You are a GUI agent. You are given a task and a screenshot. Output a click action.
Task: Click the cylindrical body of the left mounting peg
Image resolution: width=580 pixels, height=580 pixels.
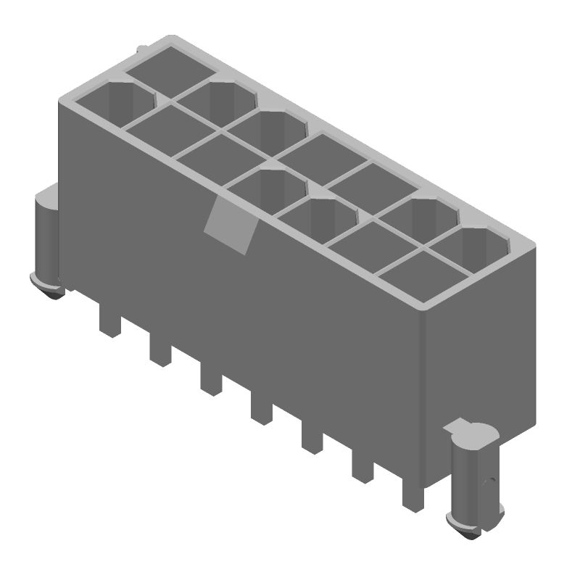click(x=45, y=239)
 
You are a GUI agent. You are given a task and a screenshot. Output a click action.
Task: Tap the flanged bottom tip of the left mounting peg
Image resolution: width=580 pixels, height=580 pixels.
click(x=48, y=286)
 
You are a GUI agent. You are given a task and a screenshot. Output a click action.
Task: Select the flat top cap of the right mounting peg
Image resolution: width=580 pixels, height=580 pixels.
click(x=473, y=432)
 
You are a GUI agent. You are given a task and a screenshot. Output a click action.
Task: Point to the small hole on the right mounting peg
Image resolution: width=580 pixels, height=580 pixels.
click(x=490, y=480)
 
